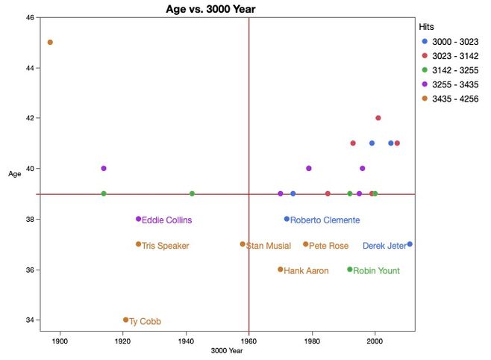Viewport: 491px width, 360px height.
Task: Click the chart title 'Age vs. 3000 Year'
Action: pyautogui.click(x=215, y=9)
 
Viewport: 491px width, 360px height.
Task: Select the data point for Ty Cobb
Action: pyautogui.click(x=125, y=320)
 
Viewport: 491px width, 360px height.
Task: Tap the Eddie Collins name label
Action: pyautogui.click(x=166, y=220)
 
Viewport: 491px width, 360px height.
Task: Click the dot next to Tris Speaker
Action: pyautogui.click(x=138, y=244)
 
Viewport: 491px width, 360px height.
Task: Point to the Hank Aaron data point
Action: pyautogui.click(x=281, y=270)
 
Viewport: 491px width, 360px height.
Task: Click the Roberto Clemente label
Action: pyautogui.click(x=325, y=220)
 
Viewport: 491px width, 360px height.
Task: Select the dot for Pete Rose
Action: pyautogui.click(x=306, y=244)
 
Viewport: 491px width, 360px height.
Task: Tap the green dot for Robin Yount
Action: pyautogui.click(x=350, y=270)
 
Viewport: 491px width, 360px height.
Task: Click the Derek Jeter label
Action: pyautogui.click(x=384, y=246)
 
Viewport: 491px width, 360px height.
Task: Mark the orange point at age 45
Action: pyautogui.click(x=50, y=43)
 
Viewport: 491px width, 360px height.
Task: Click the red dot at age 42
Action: pyautogui.click(x=378, y=118)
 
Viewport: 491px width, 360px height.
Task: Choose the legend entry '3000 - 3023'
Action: pyautogui.click(x=454, y=42)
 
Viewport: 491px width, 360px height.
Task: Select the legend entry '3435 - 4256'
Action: pyautogui.click(x=454, y=99)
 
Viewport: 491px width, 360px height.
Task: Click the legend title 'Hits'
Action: pyautogui.click(x=426, y=26)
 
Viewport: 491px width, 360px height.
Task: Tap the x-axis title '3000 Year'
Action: pyautogui.click(x=227, y=351)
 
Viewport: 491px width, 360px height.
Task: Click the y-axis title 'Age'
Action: pyautogui.click(x=14, y=174)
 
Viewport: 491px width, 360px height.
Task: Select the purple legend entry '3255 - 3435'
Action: pyautogui.click(x=454, y=84)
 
